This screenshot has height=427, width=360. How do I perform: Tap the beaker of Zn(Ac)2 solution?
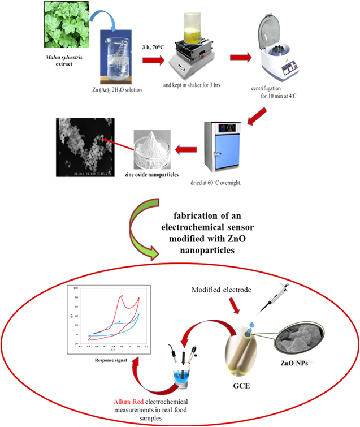coord(120,57)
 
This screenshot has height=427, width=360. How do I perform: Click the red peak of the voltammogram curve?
coord(122,296)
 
